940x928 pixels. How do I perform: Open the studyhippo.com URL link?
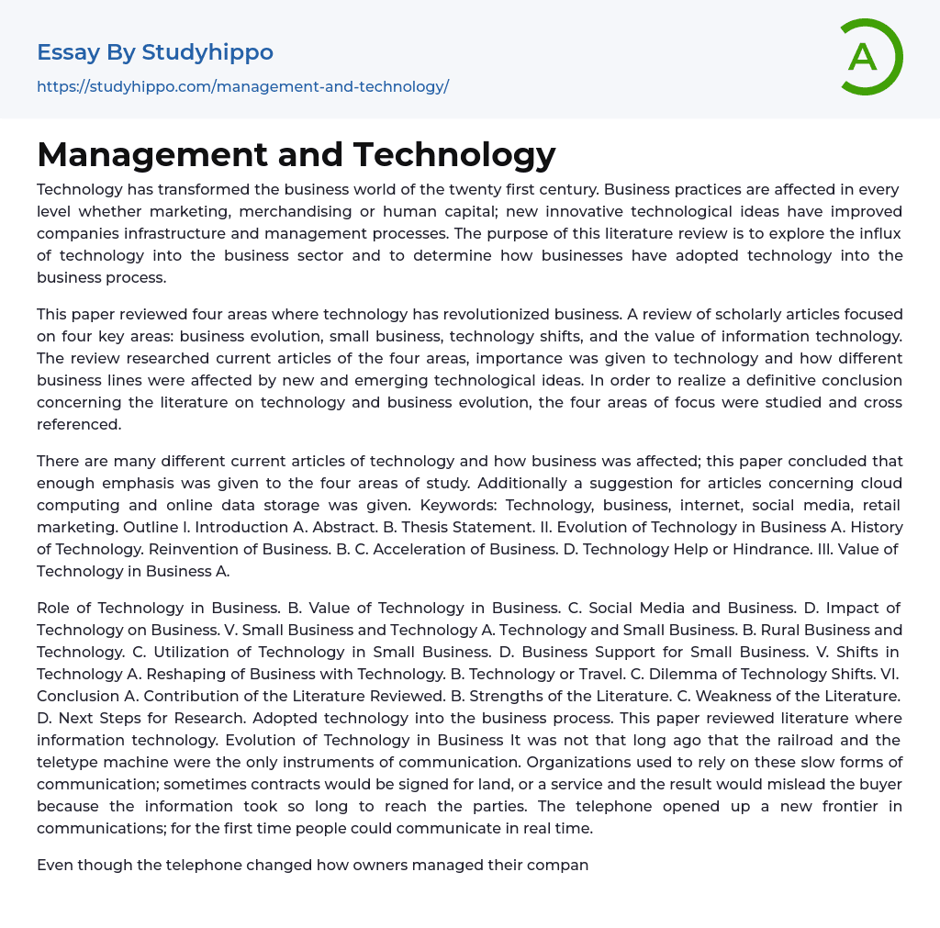coord(242,86)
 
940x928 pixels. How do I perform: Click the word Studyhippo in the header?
coord(207,52)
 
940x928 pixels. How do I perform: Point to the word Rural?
coord(774,630)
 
